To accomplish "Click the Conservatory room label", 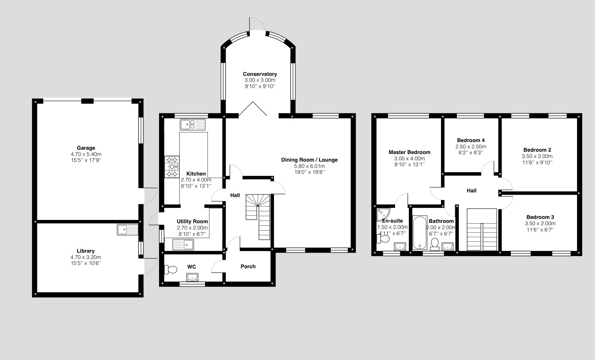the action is [260, 74].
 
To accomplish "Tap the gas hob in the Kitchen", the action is [172, 167].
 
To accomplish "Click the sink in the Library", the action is [128, 230].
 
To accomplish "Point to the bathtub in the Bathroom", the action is [420, 232].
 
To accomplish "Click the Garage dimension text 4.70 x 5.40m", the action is [86, 154].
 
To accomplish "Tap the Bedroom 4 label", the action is [471, 140].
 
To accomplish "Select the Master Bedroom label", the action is [409, 152].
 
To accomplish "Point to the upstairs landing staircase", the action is [482, 230].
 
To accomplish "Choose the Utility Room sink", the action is [184, 245].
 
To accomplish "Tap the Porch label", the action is [248, 267].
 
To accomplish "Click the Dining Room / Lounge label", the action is [309, 160].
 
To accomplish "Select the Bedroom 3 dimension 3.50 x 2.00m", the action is [540, 224].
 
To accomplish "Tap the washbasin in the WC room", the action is [192, 277].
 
